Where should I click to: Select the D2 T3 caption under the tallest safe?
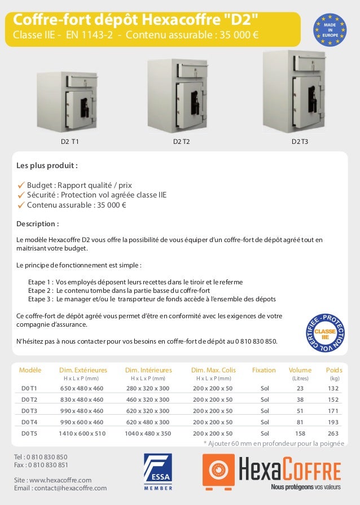point(300,142)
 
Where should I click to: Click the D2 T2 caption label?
point(181,142)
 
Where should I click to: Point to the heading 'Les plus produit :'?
point(47,166)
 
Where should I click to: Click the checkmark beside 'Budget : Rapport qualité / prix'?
point(21,185)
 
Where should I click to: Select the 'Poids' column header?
point(334,370)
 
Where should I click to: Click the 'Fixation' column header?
point(264,370)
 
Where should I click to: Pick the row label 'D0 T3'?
point(29,411)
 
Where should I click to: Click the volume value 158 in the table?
point(300,433)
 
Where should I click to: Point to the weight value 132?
point(333,388)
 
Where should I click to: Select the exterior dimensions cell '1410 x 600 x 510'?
point(82,433)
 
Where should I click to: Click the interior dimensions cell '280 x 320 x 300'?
point(148,388)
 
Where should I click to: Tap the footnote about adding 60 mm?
point(273,444)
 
